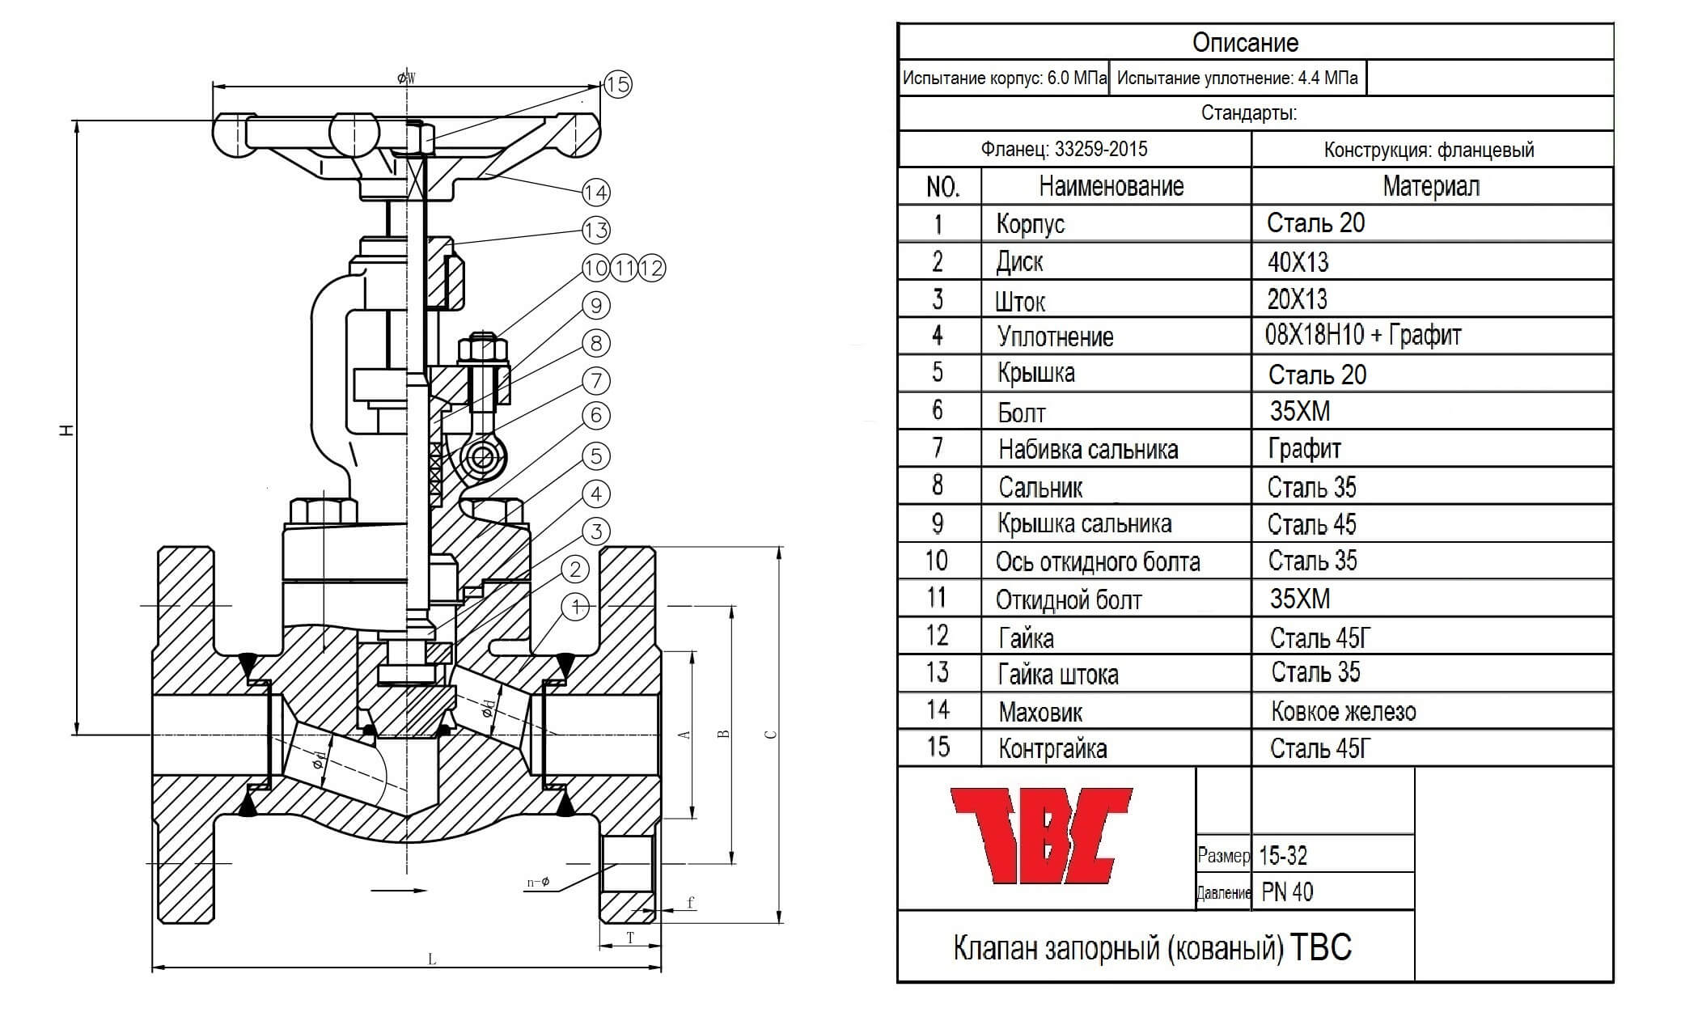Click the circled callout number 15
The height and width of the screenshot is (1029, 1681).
pos(618,84)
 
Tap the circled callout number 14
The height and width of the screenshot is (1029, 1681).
pos(596,193)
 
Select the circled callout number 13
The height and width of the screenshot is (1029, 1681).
pos(596,230)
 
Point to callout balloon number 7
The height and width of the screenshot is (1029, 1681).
pos(596,380)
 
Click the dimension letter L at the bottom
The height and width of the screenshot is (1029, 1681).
pos(432,959)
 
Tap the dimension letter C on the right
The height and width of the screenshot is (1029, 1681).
pos(771,735)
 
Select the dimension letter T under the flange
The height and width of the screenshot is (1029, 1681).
pos(630,938)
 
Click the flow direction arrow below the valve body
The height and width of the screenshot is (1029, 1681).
pos(398,891)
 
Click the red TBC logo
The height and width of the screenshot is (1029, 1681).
pos(1040,836)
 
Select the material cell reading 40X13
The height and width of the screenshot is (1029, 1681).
pos(1298,262)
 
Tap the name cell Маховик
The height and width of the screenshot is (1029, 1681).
pos(1040,712)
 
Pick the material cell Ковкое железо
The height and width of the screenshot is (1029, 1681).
pos(1344,712)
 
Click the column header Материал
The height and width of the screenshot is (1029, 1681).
pos(1431,186)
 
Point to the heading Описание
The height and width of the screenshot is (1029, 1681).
pos(1246,42)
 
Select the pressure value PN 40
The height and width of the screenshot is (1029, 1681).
pos(1287,891)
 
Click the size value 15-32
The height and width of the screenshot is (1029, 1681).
pos(1283,855)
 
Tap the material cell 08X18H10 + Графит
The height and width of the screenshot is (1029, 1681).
pos(1363,335)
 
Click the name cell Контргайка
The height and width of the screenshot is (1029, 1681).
pos(1052,749)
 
